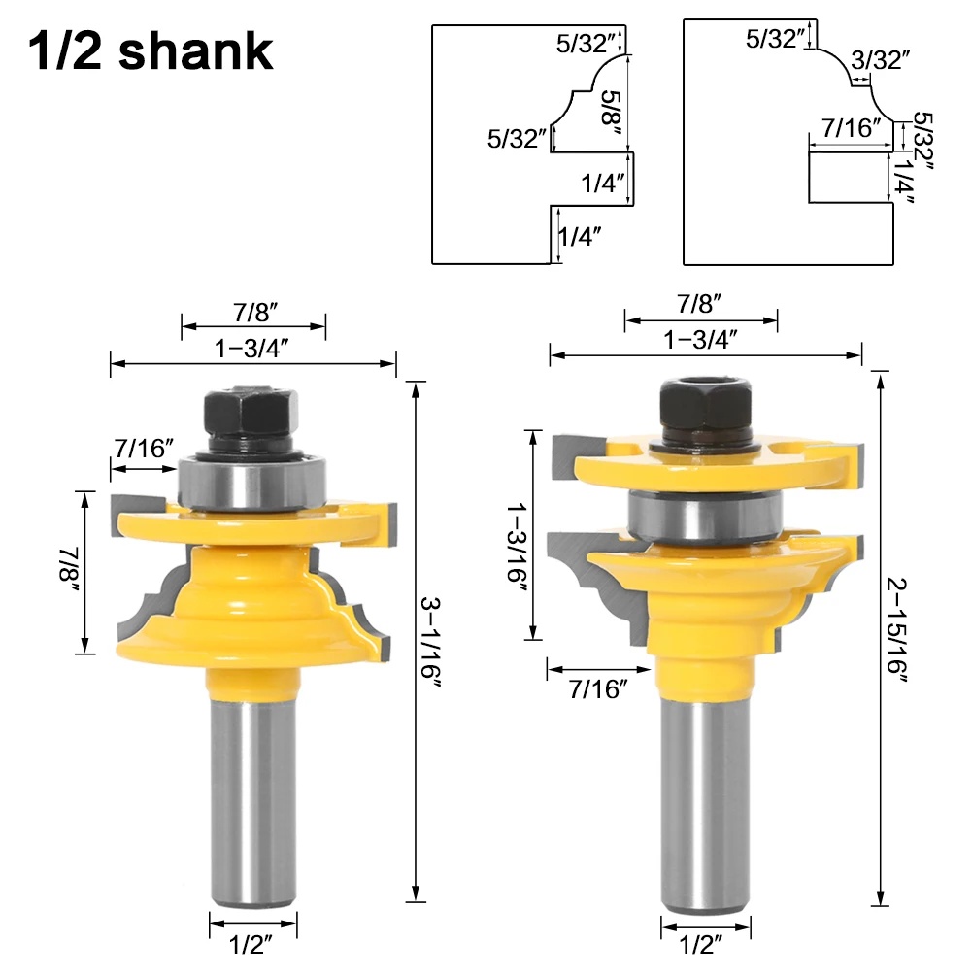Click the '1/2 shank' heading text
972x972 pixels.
pyautogui.click(x=151, y=52)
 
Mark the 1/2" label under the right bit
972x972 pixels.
pyautogui.click(x=706, y=941)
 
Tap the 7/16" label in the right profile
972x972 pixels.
pyautogui.click(x=851, y=126)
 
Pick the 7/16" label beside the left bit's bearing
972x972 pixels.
pyautogui.click(x=145, y=448)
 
